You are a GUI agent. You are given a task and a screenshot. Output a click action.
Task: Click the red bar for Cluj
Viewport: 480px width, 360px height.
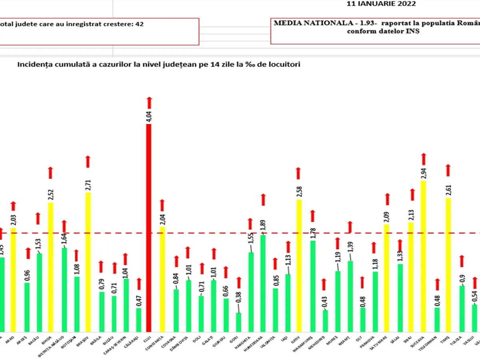pyautogui.click(x=149, y=228)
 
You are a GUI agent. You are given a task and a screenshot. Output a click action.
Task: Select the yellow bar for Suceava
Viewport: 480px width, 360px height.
pyautogui.click(x=424, y=256)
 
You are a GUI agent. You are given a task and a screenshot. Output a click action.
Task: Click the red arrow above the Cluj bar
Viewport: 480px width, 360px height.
pyautogui.click(x=149, y=102)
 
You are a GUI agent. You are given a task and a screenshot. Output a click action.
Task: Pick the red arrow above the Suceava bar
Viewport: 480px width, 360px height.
pyautogui.click(x=424, y=159)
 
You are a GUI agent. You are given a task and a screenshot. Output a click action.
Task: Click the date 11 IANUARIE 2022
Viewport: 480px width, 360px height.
pyautogui.click(x=381, y=4)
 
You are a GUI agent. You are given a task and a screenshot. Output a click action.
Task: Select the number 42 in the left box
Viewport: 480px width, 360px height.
pyautogui.click(x=140, y=24)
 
